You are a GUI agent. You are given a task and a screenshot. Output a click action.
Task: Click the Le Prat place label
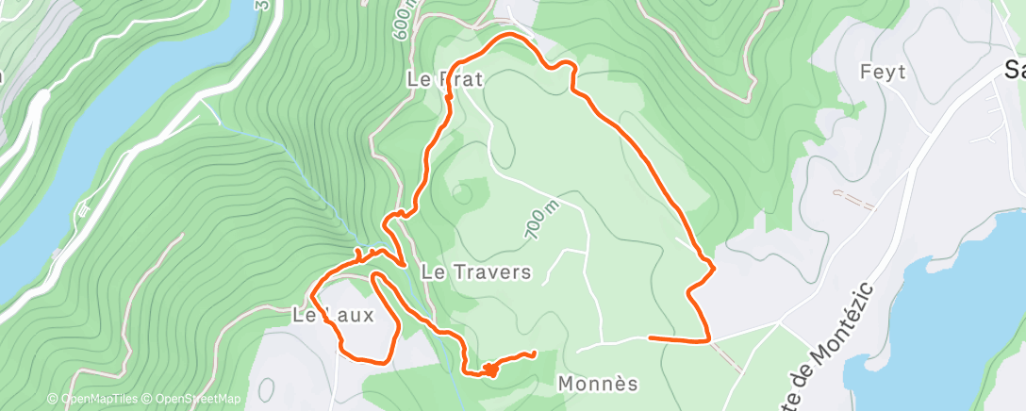click(x=445, y=80)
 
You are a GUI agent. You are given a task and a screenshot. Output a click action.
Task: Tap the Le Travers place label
click(x=476, y=272)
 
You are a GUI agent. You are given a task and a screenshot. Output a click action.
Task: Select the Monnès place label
click(x=598, y=384)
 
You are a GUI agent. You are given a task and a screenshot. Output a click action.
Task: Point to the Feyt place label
click(x=883, y=72)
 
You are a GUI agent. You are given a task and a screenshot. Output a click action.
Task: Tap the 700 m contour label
click(x=543, y=219)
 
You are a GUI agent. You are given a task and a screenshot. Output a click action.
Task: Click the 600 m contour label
click(x=403, y=20)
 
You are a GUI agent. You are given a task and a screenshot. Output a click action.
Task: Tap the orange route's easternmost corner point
click(x=713, y=268)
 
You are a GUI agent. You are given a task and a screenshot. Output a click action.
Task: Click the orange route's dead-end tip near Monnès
click(x=535, y=353)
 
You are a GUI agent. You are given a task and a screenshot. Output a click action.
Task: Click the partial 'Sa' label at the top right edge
click(x=1015, y=70)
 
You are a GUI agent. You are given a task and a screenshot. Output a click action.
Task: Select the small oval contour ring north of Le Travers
click(x=461, y=192)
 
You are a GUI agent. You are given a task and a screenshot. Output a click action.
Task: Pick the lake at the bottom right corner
click(x=952, y=321)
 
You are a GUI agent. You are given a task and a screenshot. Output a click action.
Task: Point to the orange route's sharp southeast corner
click(x=707, y=339)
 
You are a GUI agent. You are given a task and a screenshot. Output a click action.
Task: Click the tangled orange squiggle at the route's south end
click(x=490, y=369)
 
